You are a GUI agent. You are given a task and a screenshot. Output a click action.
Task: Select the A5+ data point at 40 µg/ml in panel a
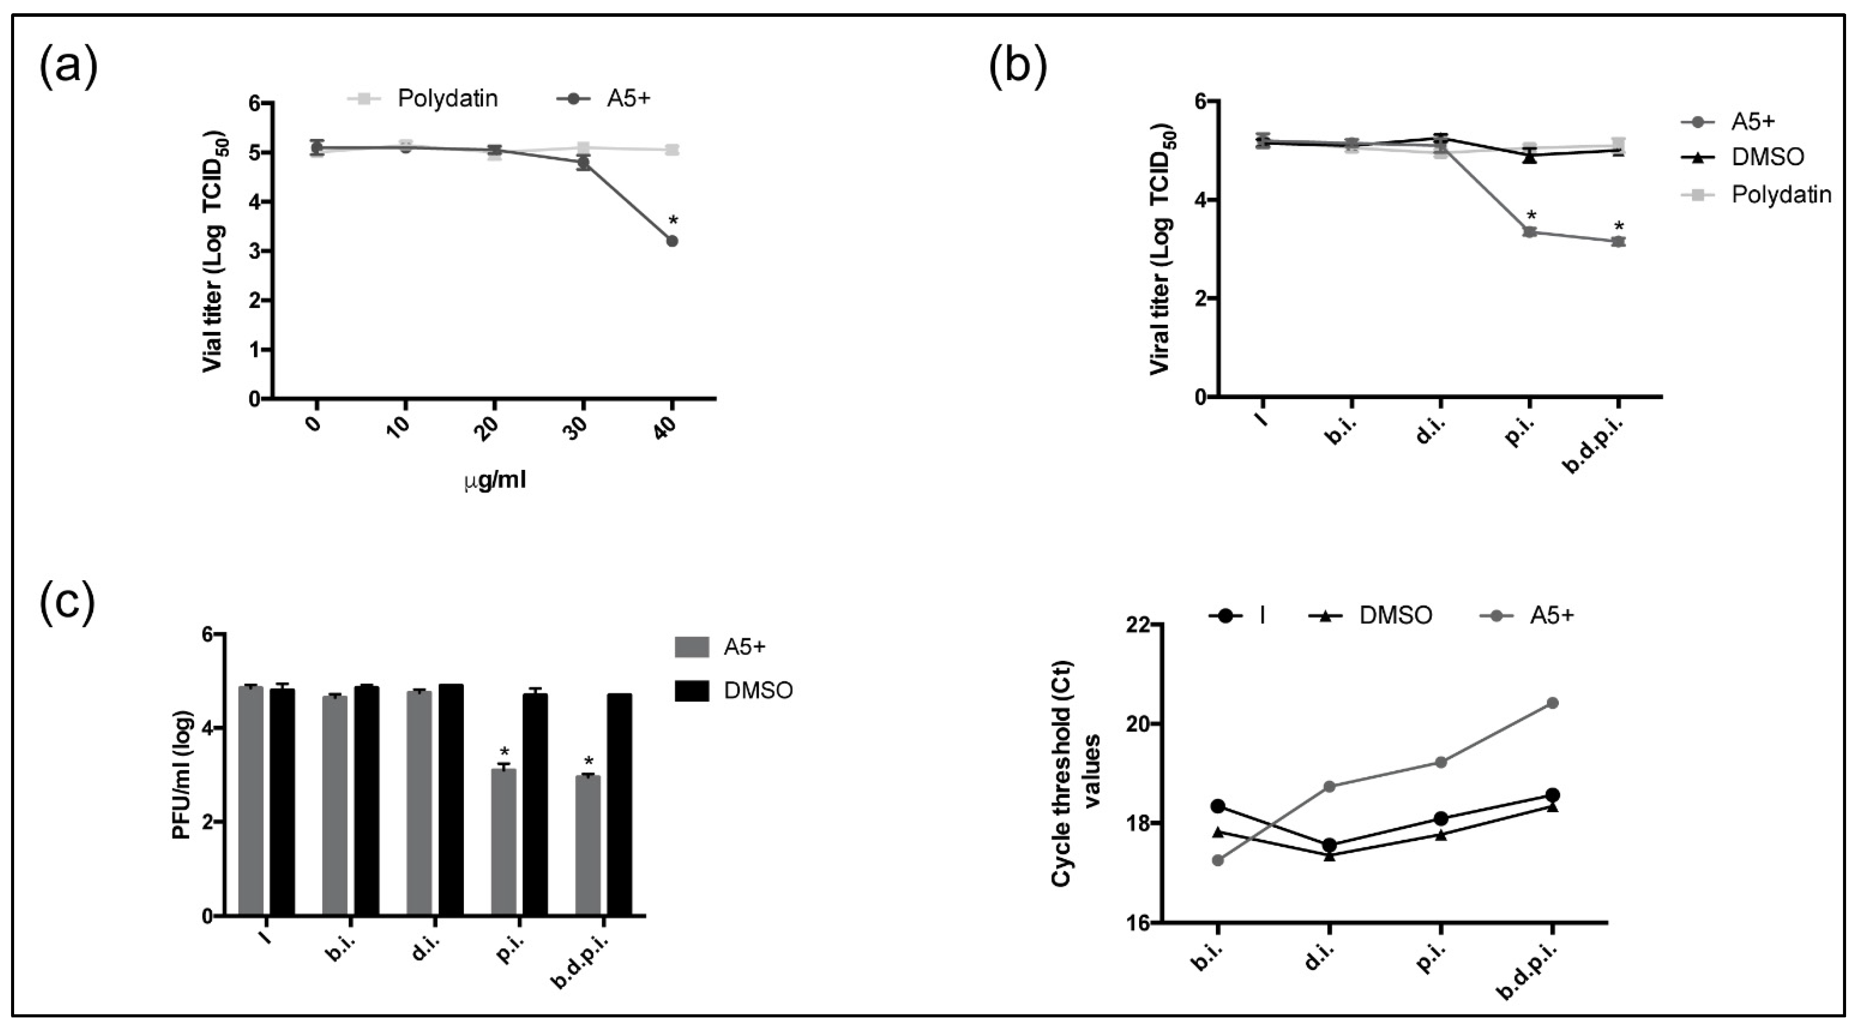pos(672,241)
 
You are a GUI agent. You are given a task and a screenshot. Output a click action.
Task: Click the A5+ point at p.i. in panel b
pos(1530,232)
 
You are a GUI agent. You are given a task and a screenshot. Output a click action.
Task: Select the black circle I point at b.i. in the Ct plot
pos(1218,806)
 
